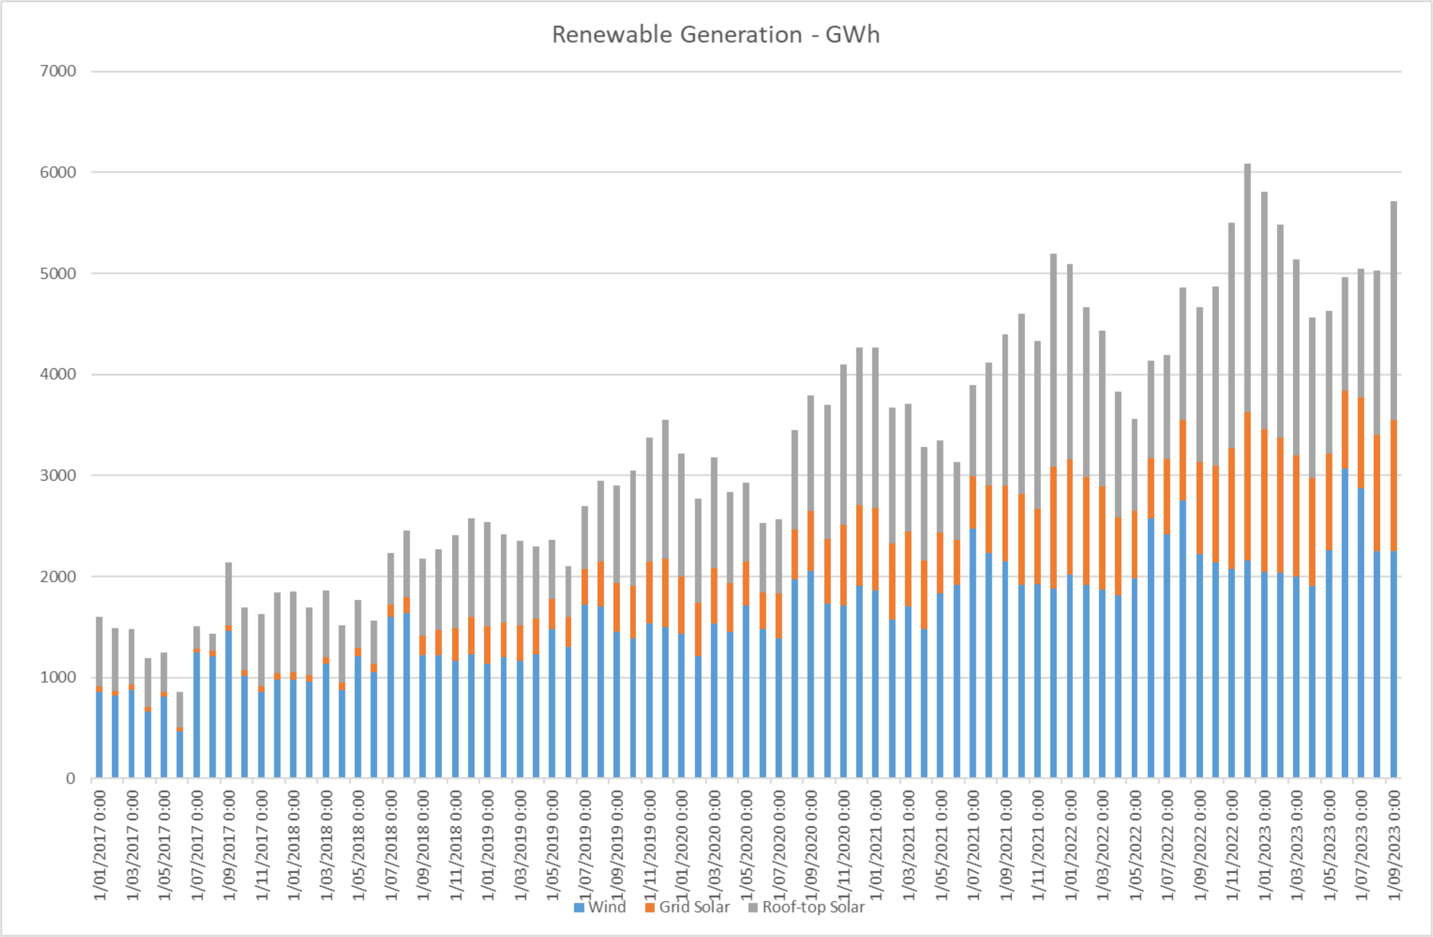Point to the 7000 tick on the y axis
pos(58,71)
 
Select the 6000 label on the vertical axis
pos(58,172)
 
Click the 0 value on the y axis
pos(70,779)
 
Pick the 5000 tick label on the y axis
pos(58,273)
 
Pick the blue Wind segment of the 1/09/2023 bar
pos(1393,662)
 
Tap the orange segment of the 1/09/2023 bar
pos(1393,485)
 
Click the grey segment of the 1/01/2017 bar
pos(99,650)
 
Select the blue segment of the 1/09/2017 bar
pos(229,705)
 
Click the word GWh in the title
pos(852,35)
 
